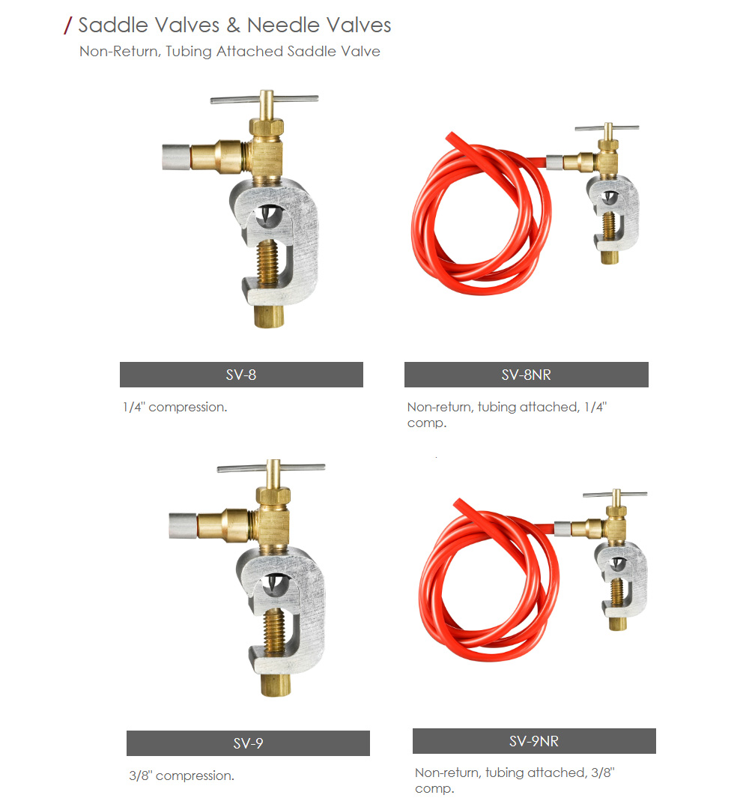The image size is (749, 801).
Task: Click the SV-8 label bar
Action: [241, 375]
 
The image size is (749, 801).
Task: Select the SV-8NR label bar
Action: [526, 375]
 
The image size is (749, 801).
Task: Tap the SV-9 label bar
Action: [248, 743]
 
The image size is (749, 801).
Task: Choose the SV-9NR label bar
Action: [534, 741]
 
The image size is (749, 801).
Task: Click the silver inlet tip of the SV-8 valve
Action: [176, 157]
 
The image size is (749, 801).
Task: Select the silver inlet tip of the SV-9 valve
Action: [184, 525]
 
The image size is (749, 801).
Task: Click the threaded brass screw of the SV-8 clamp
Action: [269, 264]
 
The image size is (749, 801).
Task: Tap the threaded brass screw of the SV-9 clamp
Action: [276, 632]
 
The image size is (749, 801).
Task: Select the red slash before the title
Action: [68, 25]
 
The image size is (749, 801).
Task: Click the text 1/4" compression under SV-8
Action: [175, 407]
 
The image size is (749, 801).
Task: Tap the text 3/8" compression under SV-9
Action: [181, 776]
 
